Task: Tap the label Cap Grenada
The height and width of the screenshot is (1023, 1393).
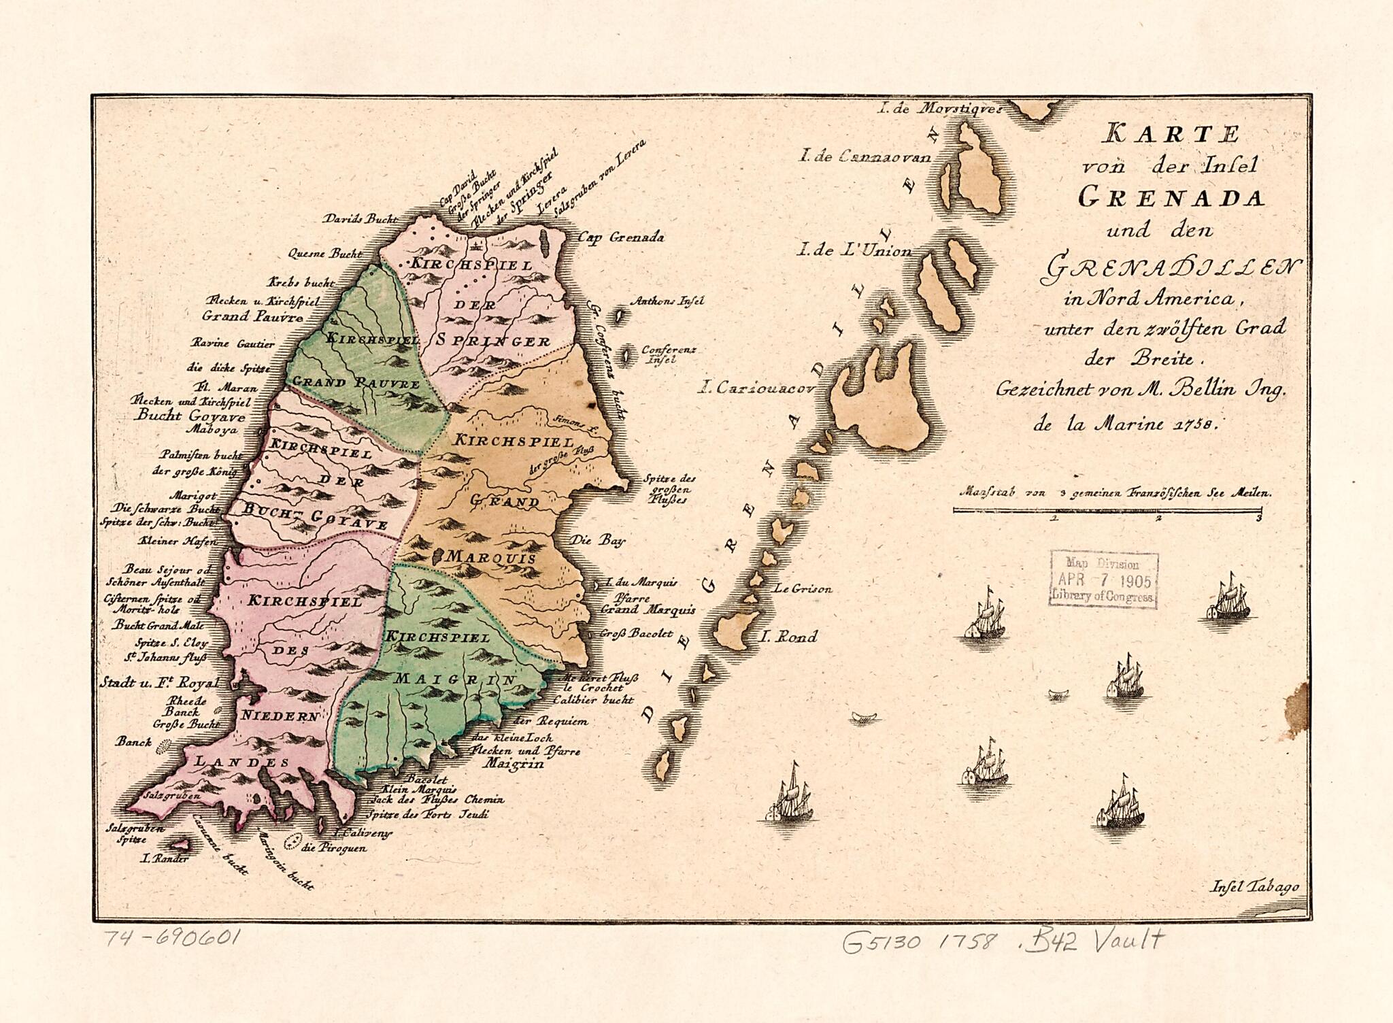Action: (620, 237)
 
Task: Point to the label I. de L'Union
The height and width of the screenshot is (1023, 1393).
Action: (854, 251)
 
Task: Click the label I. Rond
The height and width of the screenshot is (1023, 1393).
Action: (788, 637)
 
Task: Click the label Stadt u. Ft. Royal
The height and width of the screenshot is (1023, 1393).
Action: (160, 682)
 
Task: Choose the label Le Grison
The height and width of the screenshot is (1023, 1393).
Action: (803, 589)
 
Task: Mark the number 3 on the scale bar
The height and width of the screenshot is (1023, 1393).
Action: (1260, 518)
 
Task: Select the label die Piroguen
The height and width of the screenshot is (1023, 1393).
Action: (335, 848)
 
